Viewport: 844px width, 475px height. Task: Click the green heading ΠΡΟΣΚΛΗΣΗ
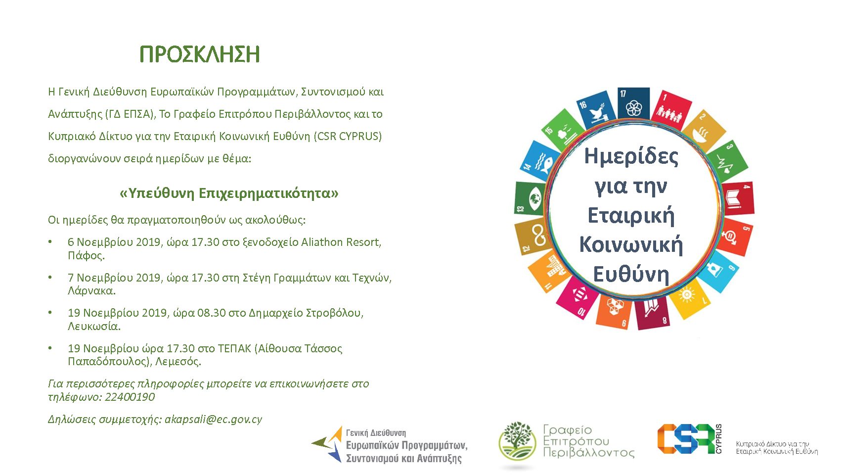[x=200, y=54]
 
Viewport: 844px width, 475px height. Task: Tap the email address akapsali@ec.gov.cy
[x=213, y=420]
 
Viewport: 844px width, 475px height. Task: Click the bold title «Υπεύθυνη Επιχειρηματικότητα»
[x=229, y=193]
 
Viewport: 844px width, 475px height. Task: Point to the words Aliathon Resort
[x=341, y=242]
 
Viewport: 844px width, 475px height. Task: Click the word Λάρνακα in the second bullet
[x=91, y=290]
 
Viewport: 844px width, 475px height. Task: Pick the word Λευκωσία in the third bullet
[x=94, y=326]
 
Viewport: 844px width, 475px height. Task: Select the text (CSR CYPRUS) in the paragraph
[x=348, y=136]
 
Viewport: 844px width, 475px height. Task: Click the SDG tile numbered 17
[x=634, y=104]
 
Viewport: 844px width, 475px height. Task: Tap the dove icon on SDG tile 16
[x=597, y=113]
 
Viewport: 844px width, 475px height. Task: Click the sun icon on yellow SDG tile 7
[x=686, y=295]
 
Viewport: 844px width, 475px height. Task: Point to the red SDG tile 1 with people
[x=671, y=111]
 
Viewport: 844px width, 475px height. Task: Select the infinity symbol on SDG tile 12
[x=539, y=235]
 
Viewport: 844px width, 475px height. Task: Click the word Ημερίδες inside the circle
[x=631, y=156]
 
